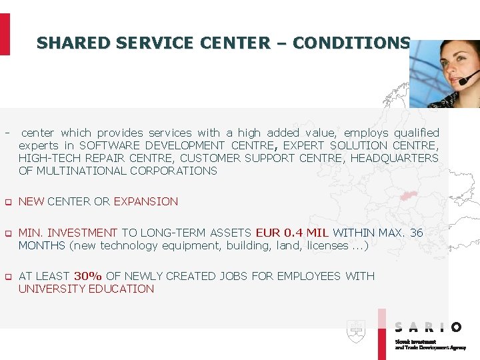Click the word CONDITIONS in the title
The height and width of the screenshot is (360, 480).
[351, 43]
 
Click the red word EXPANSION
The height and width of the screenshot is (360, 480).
[146, 201]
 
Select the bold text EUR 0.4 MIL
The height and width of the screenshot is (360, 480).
[292, 233]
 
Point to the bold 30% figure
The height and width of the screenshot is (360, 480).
[88, 276]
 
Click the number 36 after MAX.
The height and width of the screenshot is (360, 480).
[416, 233]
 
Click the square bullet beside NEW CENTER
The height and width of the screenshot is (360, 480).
[7, 202]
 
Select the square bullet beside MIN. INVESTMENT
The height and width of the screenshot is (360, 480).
[7, 233]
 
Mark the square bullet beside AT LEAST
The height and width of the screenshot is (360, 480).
[7, 277]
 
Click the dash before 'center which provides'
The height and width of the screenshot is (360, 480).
[7, 133]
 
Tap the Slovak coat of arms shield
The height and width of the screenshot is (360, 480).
[355, 331]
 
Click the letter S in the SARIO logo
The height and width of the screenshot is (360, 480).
[399, 327]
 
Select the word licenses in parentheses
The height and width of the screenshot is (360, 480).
[327, 245]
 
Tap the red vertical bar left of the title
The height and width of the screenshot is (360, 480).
[5, 34]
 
